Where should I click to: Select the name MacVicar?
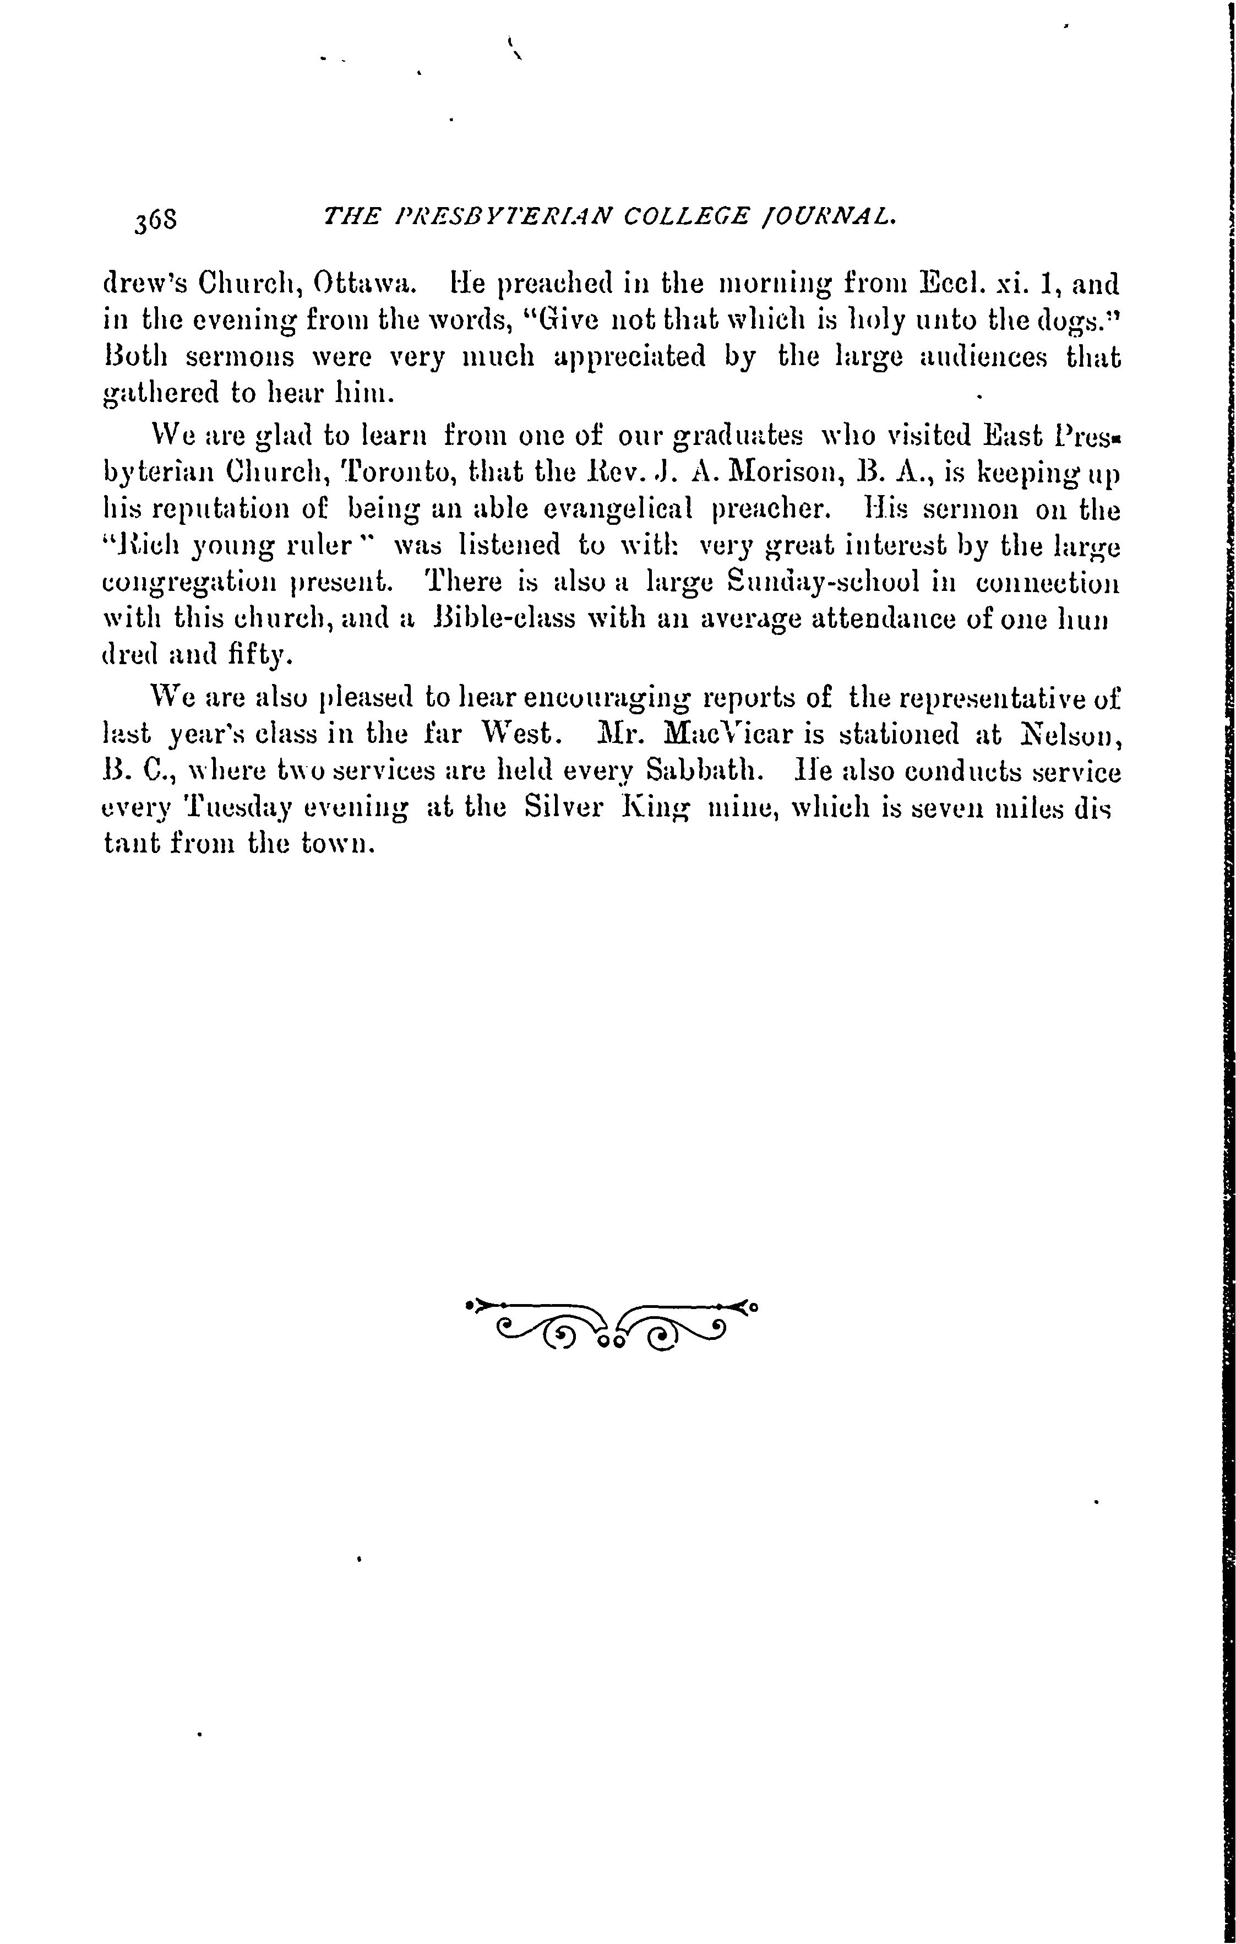click(x=725, y=735)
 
